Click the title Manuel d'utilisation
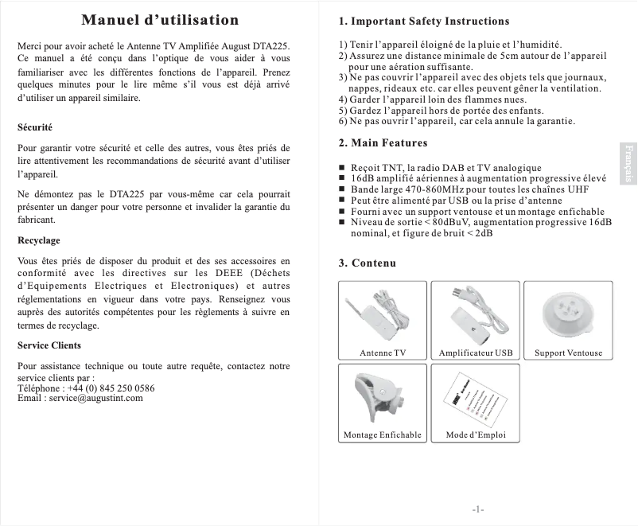click(x=160, y=20)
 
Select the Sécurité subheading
click(x=35, y=127)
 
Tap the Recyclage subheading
click(x=39, y=240)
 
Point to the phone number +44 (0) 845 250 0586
click(x=111, y=388)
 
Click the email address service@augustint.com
click(x=96, y=398)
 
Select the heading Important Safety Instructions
click(x=423, y=21)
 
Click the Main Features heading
click(x=383, y=143)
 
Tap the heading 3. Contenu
click(x=368, y=263)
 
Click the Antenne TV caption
click(x=383, y=353)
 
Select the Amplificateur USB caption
click(x=476, y=353)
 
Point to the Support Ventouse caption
click(x=568, y=353)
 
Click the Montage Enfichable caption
click(x=383, y=435)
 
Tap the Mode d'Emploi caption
click(x=476, y=435)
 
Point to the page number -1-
click(x=478, y=508)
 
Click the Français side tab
click(x=628, y=164)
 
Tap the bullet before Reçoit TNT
click(x=342, y=168)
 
